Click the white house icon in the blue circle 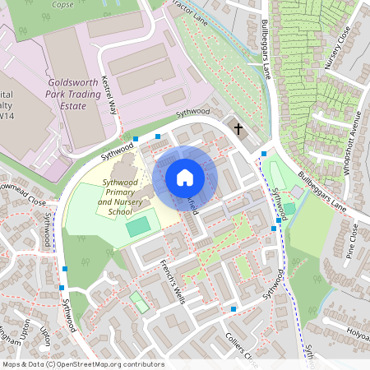pos(185,178)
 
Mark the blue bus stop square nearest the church pos(263,153)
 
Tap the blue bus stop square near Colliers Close pos(234,309)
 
